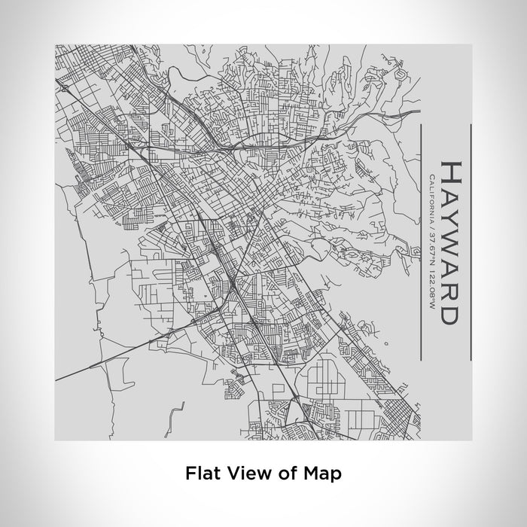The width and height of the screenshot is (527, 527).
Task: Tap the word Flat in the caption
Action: coord(200,474)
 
